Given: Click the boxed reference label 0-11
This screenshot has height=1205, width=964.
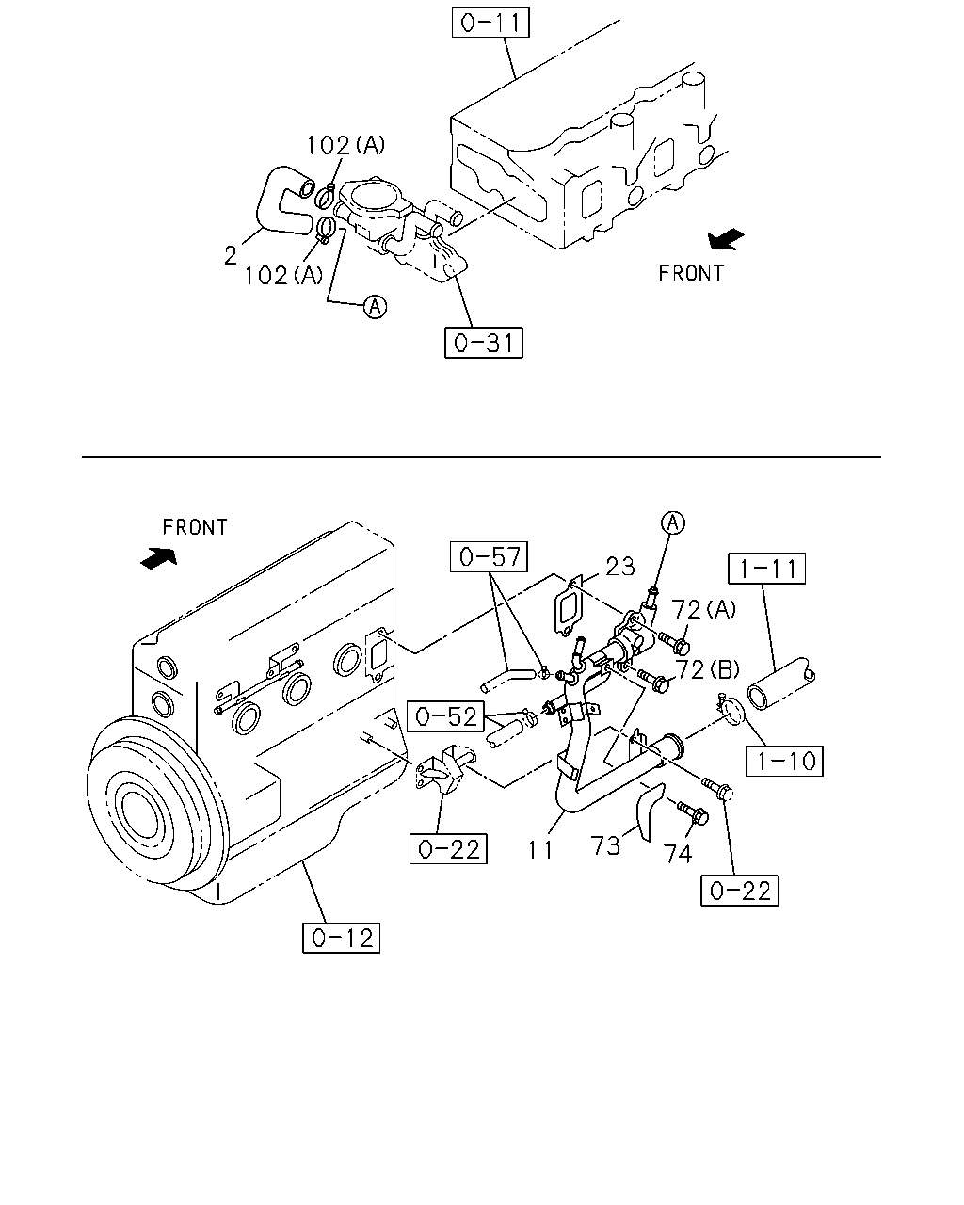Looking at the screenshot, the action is click(x=490, y=23).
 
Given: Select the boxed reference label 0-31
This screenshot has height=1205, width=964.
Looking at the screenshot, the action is click(x=483, y=343).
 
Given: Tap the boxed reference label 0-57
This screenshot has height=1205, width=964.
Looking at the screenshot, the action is click(x=489, y=556).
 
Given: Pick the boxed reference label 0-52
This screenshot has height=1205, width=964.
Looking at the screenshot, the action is click(x=445, y=716).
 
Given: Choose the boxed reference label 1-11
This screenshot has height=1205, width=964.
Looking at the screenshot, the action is click(x=767, y=569).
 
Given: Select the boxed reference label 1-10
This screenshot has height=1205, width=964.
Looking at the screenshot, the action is click(x=784, y=761).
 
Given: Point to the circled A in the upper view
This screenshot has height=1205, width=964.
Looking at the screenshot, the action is click(x=375, y=306).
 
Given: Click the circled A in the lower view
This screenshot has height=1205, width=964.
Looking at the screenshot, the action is click(x=673, y=523).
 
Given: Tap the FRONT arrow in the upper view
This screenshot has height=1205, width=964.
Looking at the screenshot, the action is click(x=726, y=239).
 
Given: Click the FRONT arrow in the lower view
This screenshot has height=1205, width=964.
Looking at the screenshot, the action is click(x=158, y=558).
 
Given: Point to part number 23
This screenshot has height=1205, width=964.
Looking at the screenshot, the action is click(x=620, y=567).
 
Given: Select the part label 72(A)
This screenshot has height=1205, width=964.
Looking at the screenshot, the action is click(x=703, y=609).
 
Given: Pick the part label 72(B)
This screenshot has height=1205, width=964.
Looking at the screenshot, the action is click(x=707, y=669).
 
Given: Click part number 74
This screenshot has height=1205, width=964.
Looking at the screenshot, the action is click(x=678, y=854).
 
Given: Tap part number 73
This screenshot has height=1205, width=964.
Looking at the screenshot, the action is click(x=605, y=845).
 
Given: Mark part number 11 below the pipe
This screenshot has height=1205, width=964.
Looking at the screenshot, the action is click(x=540, y=850).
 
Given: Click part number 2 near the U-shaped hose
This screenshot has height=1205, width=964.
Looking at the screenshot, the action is click(x=231, y=256).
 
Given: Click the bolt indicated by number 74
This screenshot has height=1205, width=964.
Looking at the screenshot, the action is click(x=693, y=813).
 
